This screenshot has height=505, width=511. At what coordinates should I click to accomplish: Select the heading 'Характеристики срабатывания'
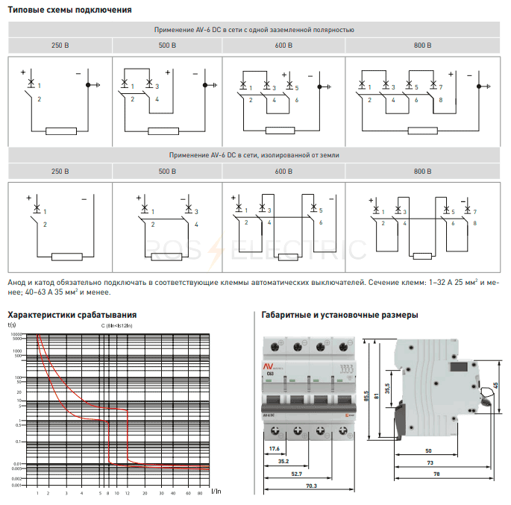point(72,315)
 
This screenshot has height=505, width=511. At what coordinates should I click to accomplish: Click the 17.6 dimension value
point(273,449)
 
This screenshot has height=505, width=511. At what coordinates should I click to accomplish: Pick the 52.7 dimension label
point(296,474)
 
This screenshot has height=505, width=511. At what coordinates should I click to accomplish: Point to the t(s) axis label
point(12,324)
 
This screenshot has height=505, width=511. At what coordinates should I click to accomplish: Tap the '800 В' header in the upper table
point(422,45)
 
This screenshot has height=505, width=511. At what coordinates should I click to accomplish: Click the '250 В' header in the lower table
point(60,172)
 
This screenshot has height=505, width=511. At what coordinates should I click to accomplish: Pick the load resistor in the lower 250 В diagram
point(66,257)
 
